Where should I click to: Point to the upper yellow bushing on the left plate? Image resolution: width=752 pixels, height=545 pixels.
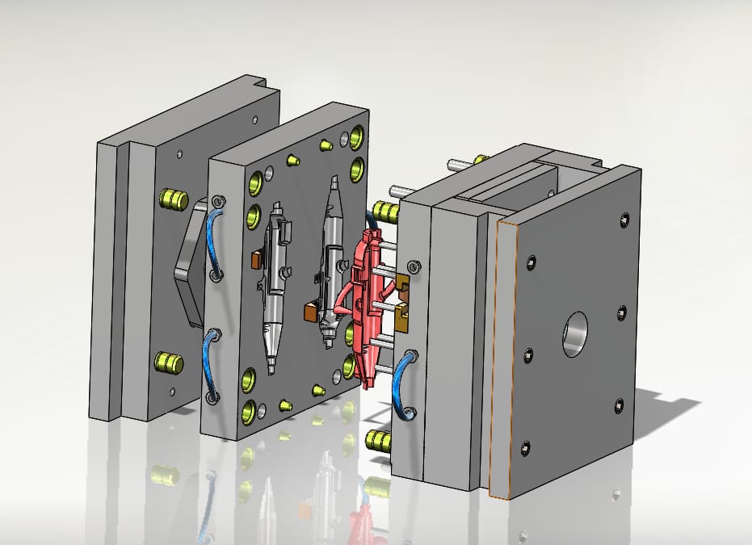click(173, 199)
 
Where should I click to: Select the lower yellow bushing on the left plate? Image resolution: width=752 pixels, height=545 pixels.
click(170, 362)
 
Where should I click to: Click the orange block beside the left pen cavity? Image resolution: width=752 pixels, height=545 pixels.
click(256, 260)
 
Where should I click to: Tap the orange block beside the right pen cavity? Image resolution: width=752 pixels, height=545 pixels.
click(309, 312)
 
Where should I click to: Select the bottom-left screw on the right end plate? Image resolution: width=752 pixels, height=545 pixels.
click(527, 446)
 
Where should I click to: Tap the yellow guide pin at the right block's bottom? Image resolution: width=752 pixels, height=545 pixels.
click(377, 440)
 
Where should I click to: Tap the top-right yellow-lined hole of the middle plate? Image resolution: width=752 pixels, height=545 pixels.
click(357, 134)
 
